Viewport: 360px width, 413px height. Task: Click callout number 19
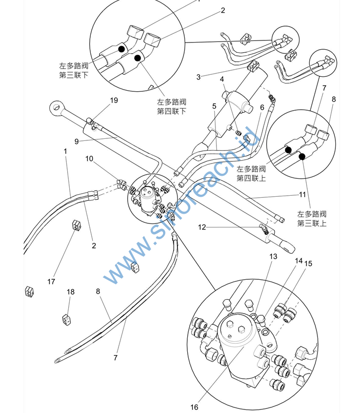pyautogui.click(x=114, y=100)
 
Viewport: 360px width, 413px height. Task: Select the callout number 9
pyautogui.click(x=76, y=141)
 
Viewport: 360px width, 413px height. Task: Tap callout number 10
pyautogui.click(x=89, y=158)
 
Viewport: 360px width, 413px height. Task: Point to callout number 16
pyautogui.click(x=194, y=407)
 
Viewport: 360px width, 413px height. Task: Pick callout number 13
pyautogui.click(x=273, y=256)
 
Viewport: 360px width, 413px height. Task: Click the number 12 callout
pyautogui.click(x=202, y=227)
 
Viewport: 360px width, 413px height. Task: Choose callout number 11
pyautogui.click(x=302, y=195)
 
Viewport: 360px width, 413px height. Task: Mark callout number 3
pyautogui.click(x=198, y=77)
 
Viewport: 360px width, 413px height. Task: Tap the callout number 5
pyautogui.click(x=214, y=106)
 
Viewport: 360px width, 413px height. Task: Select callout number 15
pyautogui.click(x=308, y=263)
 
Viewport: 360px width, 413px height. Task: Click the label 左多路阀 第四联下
pyautogui.click(x=172, y=107)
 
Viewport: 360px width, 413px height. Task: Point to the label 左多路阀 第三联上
pyautogui.click(x=312, y=219)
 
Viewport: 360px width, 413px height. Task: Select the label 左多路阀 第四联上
pyautogui.click(x=251, y=173)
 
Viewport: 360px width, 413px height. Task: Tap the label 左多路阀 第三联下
pyautogui.click(x=74, y=70)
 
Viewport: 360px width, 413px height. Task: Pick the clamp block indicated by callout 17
pyautogui.click(x=76, y=226)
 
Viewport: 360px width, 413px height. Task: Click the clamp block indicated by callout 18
pyautogui.click(x=66, y=319)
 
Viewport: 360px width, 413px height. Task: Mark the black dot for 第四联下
pyautogui.click(x=137, y=58)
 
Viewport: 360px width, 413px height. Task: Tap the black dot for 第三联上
pyautogui.click(x=302, y=157)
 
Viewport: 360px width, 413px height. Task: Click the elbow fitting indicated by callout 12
pyautogui.click(x=264, y=228)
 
